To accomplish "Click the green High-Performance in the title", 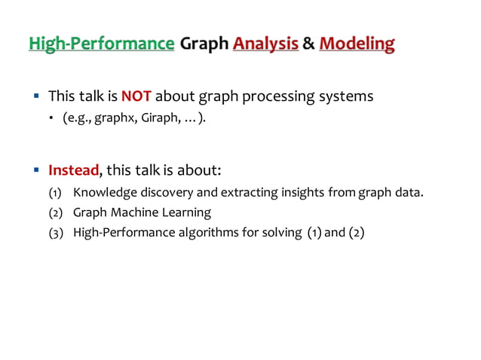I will pos(101,44).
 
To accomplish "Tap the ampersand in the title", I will pos(309,44).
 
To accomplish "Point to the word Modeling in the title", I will pos(357,44).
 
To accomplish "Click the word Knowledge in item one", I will pos(104,193).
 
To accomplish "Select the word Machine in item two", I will pos(135,212).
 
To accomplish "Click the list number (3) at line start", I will pos(57,232).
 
